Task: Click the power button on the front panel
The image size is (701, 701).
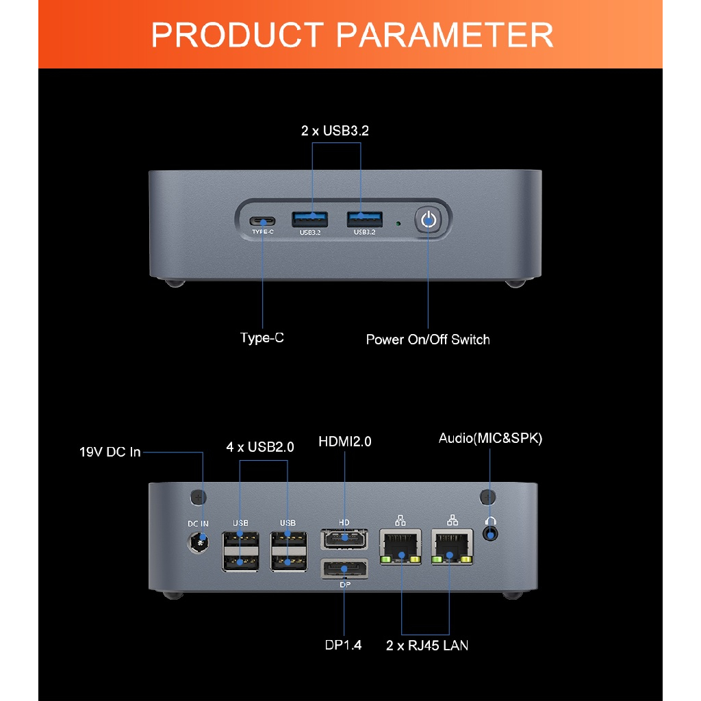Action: point(428,220)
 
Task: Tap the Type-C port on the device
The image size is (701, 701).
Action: point(262,221)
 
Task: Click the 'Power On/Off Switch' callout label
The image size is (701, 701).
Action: point(428,340)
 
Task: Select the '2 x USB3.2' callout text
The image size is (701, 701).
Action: point(335,131)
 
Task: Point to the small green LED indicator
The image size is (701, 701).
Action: point(398,222)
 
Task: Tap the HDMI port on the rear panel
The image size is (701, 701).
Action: point(344,538)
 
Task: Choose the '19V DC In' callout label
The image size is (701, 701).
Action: point(110,452)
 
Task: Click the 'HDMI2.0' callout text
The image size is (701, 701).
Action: point(345,442)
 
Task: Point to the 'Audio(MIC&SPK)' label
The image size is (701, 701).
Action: point(490,439)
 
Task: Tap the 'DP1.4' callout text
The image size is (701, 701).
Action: point(343,645)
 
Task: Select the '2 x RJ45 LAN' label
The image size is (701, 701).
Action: point(427,645)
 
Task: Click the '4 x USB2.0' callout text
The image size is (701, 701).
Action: point(260,447)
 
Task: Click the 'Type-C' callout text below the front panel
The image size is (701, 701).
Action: point(262,338)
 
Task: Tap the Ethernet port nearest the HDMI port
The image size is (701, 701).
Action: point(401,546)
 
